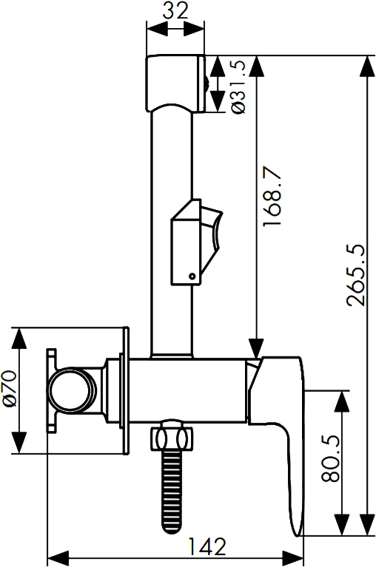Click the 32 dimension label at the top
175,10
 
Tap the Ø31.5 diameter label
238,86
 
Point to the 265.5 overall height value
355,276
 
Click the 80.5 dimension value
330,458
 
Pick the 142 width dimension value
208,546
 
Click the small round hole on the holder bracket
192,276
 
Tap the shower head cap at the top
176,84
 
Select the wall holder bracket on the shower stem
196,242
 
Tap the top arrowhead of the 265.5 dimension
367,67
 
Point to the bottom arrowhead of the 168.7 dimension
257,349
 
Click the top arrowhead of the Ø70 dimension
19,339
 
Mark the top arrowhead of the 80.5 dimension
342,401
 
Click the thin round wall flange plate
126,390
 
